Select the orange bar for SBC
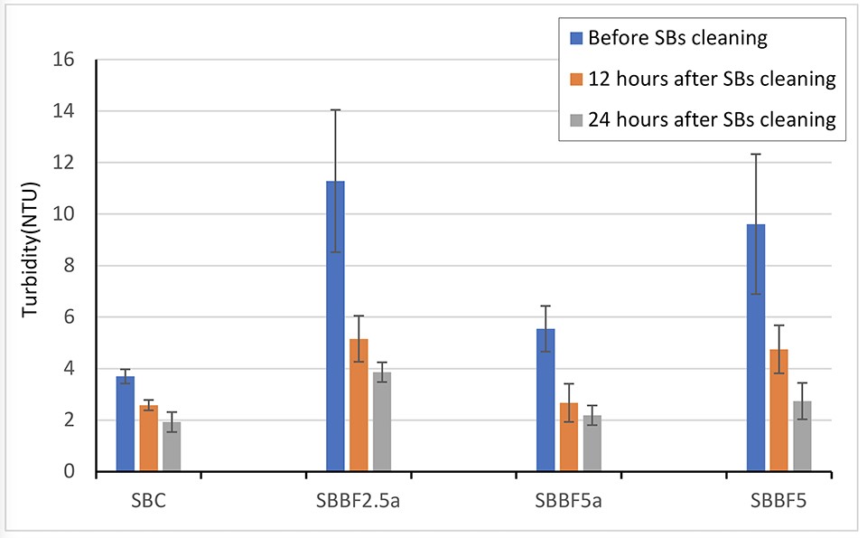pos(148,439)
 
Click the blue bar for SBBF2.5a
pos(335,326)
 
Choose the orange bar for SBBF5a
pos(569,438)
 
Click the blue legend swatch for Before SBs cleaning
pos(576,39)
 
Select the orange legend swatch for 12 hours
pos(576,80)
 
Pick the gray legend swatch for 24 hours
pos(576,119)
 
